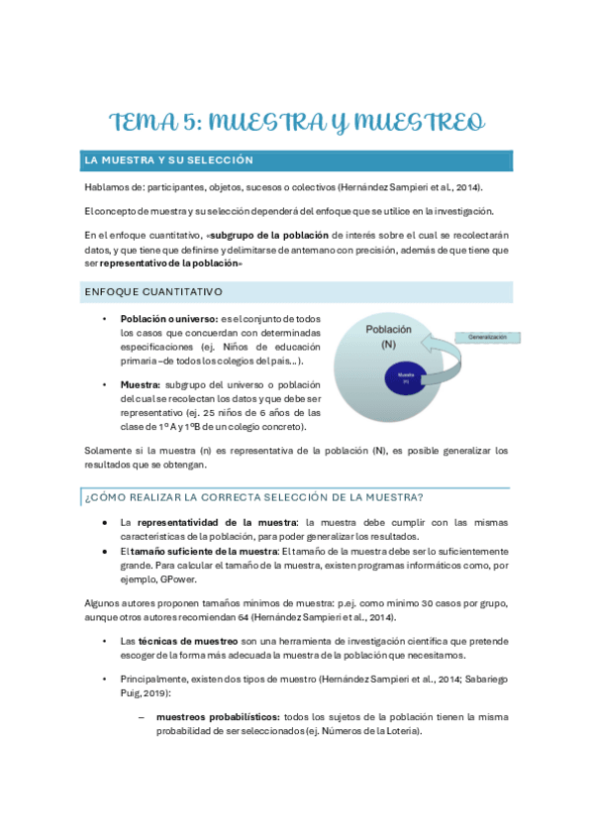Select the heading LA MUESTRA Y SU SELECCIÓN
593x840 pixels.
169,160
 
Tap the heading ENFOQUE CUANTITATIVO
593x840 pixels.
153,292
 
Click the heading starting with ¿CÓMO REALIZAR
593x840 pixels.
254,496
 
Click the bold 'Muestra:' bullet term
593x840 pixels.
143,384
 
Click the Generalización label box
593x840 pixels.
488,338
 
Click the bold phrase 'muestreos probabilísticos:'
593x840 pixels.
217,717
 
